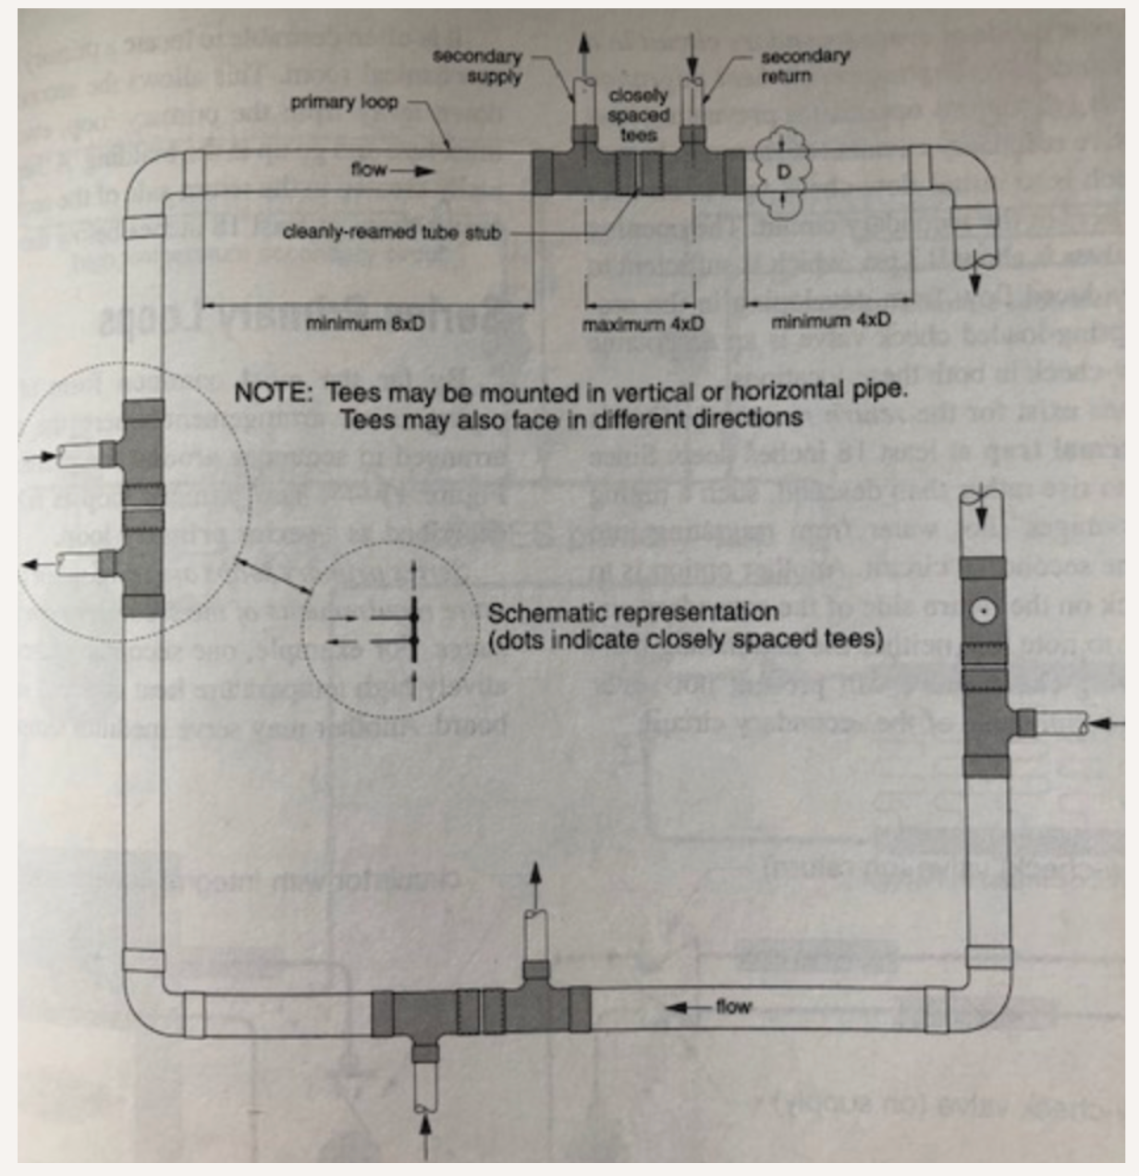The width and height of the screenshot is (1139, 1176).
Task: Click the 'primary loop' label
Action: pyautogui.click(x=344, y=101)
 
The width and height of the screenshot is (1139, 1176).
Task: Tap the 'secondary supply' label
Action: pyautogui.click(x=478, y=66)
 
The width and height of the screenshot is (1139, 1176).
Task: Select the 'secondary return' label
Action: pyautogui.click(x=805, y=65)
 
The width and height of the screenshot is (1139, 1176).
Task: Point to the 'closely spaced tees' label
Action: pyautogui.click(x=638, y=116)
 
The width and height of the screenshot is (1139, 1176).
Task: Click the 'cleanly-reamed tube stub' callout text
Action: pyautogui.click(x=391, y=233)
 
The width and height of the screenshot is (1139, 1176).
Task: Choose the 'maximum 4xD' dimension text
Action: pyautogui.click(x=643, y=325)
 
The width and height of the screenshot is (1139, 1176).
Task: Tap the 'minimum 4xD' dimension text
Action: pyautogui.click(x=831, y=321)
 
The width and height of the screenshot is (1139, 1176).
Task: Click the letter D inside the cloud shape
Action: pyautogui.click(x=782, y=173)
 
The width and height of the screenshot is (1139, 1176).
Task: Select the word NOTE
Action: pyautogui.click(x=273, y=392)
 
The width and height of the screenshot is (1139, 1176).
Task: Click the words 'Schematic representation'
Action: pyautogui.click(x=632, y=613)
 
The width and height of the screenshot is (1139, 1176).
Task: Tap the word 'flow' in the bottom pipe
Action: pyautogui.click(x=733, y=1007)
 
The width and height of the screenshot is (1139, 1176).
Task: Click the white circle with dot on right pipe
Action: pyautogui.click(x=983, y=611)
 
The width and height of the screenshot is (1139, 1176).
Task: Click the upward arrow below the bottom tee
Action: pyautogui.click(x=425, y=1135)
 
